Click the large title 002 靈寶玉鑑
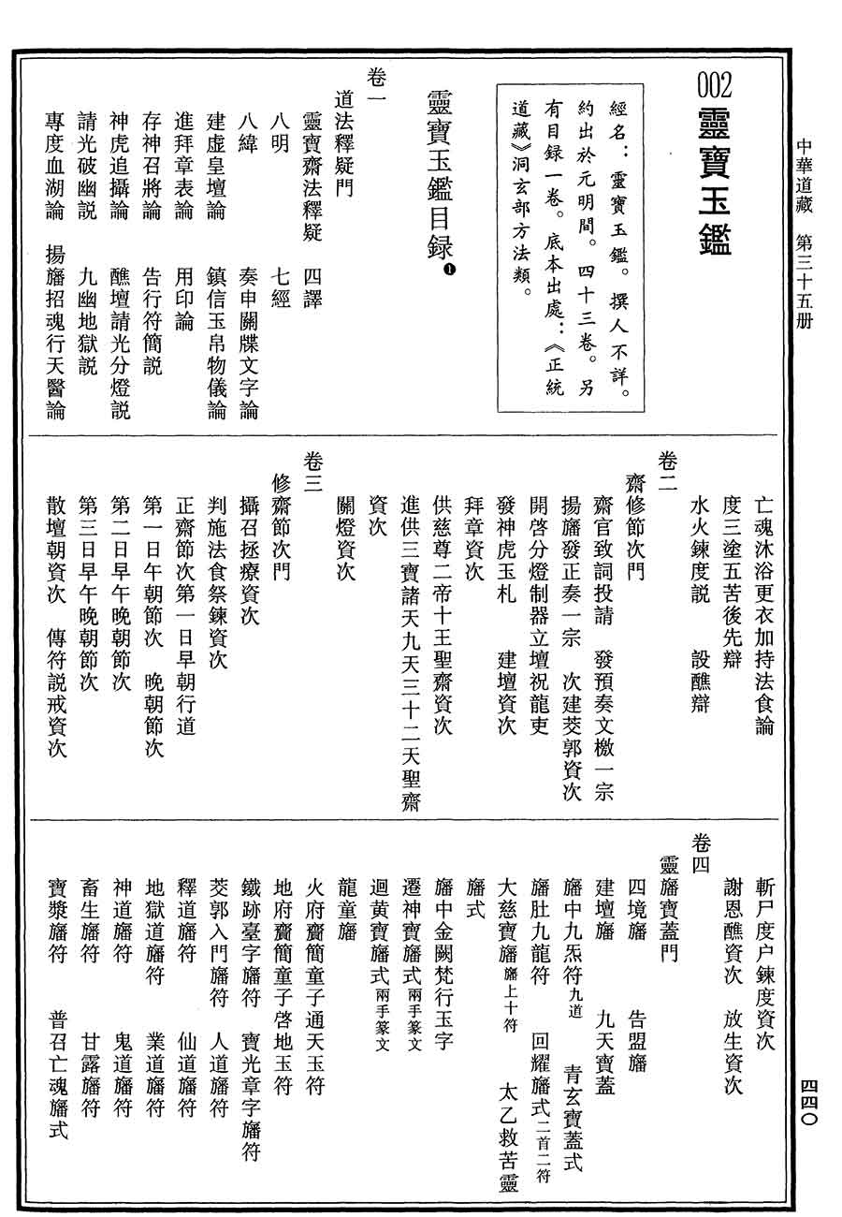tap(715, 163)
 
